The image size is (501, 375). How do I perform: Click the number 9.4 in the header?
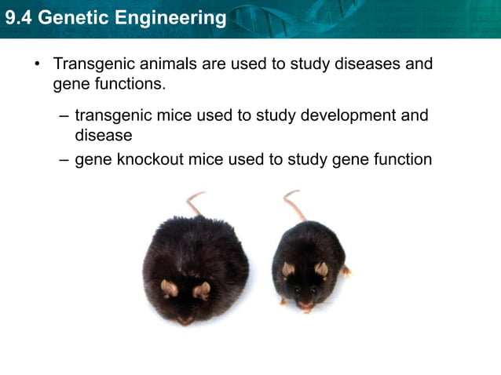point(19,17)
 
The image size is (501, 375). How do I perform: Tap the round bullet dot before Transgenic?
point(36,63)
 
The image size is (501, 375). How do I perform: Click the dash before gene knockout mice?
point(64,159)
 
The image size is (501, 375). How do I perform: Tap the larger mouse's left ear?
point(169,288)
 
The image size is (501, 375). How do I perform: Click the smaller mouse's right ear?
point(320,269)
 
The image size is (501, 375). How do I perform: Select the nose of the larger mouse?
point(185,320)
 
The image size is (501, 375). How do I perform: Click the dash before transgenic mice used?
point(64,115)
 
